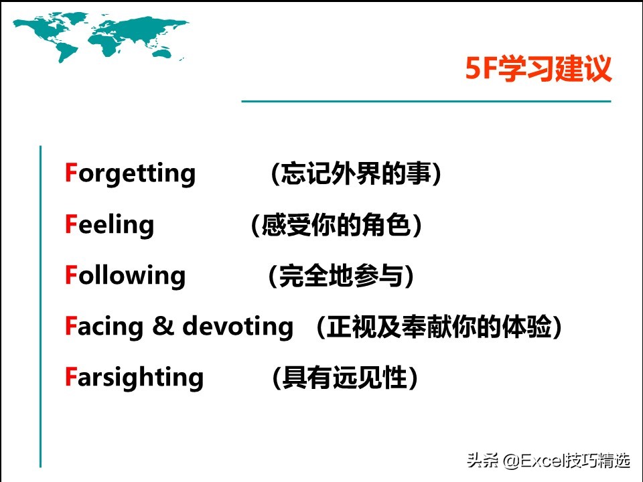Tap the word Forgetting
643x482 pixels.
coord(130,173)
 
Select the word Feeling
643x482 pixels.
coord(109,224)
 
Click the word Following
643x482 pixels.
coord(125,275)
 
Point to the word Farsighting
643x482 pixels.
coord(134,378)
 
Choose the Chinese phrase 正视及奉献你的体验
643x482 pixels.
coord(439,327)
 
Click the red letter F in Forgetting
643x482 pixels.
coord(71,173)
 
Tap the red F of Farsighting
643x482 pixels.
coord(71,377)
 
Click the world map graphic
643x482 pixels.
coord(100,37)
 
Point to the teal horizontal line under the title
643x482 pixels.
coord(426,101)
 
